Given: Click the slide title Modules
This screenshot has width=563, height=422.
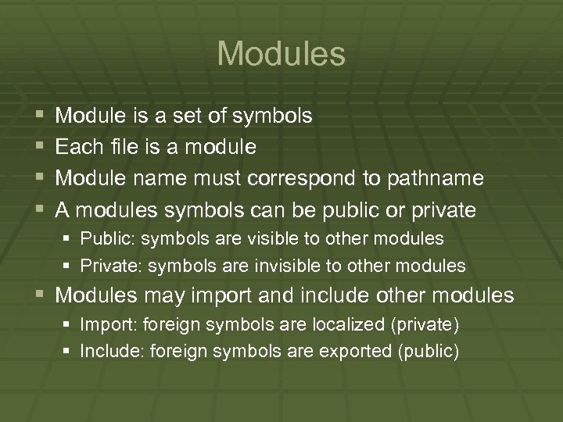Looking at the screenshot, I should pos(281,54).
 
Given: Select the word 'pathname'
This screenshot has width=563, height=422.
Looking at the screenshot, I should pos(435,179).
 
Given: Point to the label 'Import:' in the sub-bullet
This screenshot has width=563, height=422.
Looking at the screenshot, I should pos(106,324).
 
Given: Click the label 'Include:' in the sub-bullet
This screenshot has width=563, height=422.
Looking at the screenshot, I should pos(109,352).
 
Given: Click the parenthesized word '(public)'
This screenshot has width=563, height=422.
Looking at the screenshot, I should pos(429,352).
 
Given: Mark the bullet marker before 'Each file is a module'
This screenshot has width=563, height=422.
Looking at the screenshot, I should pos(39,147).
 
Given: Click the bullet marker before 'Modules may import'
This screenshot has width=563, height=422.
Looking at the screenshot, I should pos(39,296).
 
